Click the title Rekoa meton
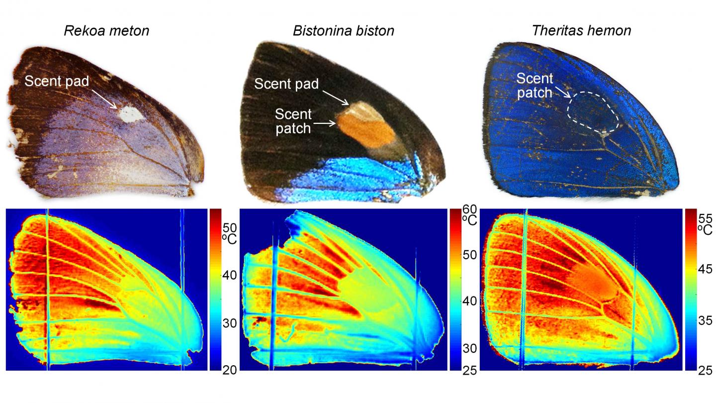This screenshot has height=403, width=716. point(106,31)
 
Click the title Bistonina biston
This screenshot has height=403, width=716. point(343,31)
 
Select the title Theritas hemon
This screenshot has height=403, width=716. point(581,31)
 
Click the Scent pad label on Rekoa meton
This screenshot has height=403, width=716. point(56,81)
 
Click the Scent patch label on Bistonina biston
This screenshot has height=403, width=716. point(293,121)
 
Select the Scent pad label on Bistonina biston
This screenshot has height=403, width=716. point(286,84)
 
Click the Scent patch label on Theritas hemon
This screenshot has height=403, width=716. point(535,85)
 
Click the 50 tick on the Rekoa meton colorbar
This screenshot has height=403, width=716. point(231,228)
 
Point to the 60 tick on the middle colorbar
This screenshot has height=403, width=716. point(470,211)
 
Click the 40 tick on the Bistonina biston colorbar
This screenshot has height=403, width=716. point(470,301)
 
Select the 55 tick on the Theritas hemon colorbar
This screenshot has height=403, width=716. point(705,218)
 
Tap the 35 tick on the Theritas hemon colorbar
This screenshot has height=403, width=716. point(705,319)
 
